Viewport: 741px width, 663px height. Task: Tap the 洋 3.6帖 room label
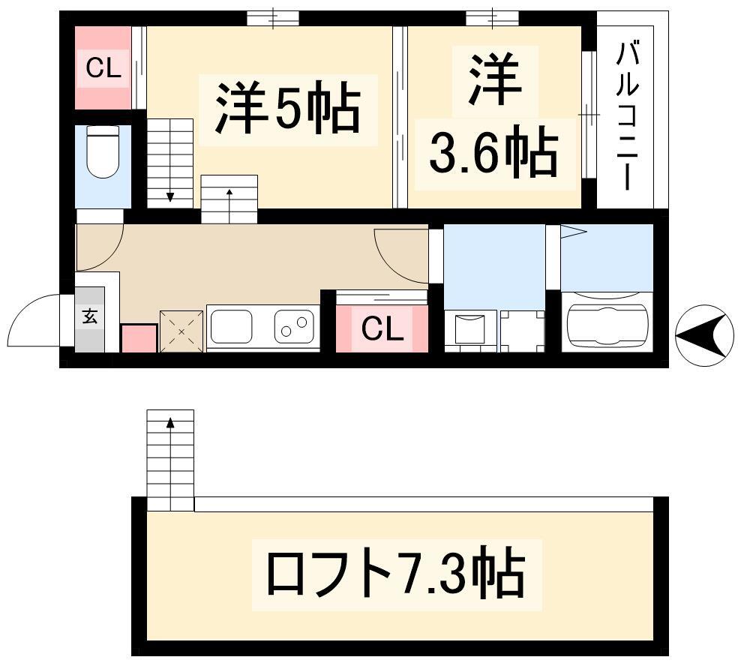click(x=494, y=116)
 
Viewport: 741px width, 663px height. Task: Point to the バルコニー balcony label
click(x=627, y=116)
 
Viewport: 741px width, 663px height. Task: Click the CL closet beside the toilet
click(x=103, y=68)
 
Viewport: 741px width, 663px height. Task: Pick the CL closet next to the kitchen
click(x=382, y=328)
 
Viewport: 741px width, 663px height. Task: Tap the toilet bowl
click(x=103, y=151)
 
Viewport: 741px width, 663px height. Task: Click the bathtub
click(x=607, y=324)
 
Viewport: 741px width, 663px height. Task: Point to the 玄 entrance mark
click(x=90, y=316)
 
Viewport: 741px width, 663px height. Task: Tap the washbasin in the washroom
click(x=469, y=329)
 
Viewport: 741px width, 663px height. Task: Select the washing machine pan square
click(x=522, y=331)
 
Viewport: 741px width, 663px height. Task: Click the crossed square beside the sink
click(x=182, y=331)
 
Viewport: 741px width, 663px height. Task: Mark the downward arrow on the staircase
click(x=170, y=196)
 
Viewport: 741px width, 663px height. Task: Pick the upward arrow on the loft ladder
click(x=170, y=423)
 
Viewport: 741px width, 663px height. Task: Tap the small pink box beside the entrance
click(x=139, y=338)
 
